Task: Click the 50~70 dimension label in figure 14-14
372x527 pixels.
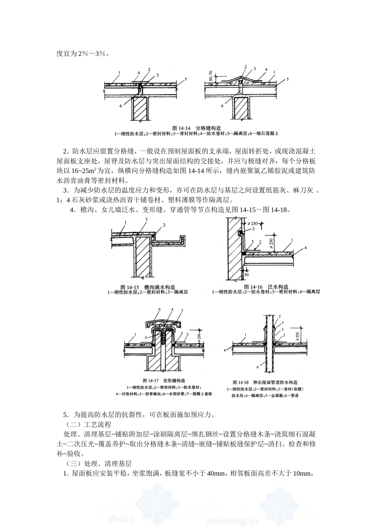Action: pyautogui.click(x=211, y=76)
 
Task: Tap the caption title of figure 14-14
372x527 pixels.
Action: pyautogui.click(x=197, y=128)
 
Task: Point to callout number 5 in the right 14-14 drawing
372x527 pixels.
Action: pyautogui.click(x=287, y=79)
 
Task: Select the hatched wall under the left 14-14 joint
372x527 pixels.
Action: pyautogui.click(x=140, y=109)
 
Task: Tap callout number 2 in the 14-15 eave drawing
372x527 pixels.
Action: pyautogui.click(x=164, y=225)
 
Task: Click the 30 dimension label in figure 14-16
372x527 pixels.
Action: pyautogui.click(x=246, y=275)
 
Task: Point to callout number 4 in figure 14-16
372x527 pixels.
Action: pyautogui.click(x=305, y=247)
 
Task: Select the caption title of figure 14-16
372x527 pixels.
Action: pyautogui.click(x=266, y=287)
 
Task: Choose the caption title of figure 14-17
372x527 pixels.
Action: pyautogui.click(x=164, y=380)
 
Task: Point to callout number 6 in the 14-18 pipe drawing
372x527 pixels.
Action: pyautogui.click(x=257, y=367)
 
